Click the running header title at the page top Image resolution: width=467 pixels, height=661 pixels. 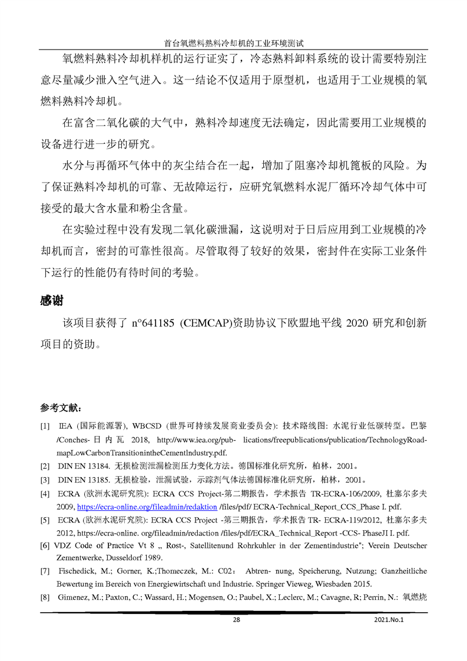pyautogui.click(x=233, y=43)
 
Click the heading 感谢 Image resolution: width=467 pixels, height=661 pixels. pyautogui.click(x=51, y=300)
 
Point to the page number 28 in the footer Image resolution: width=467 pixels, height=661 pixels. pyautogui.click(x=237, y=619)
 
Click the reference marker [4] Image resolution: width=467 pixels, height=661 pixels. pyautogui.click(x=45, y=493)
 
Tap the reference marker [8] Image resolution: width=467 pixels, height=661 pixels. pyautogui.click(x=45, y=597)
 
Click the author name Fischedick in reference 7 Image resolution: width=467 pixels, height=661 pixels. pyautogui.click(x=78, y=571)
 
